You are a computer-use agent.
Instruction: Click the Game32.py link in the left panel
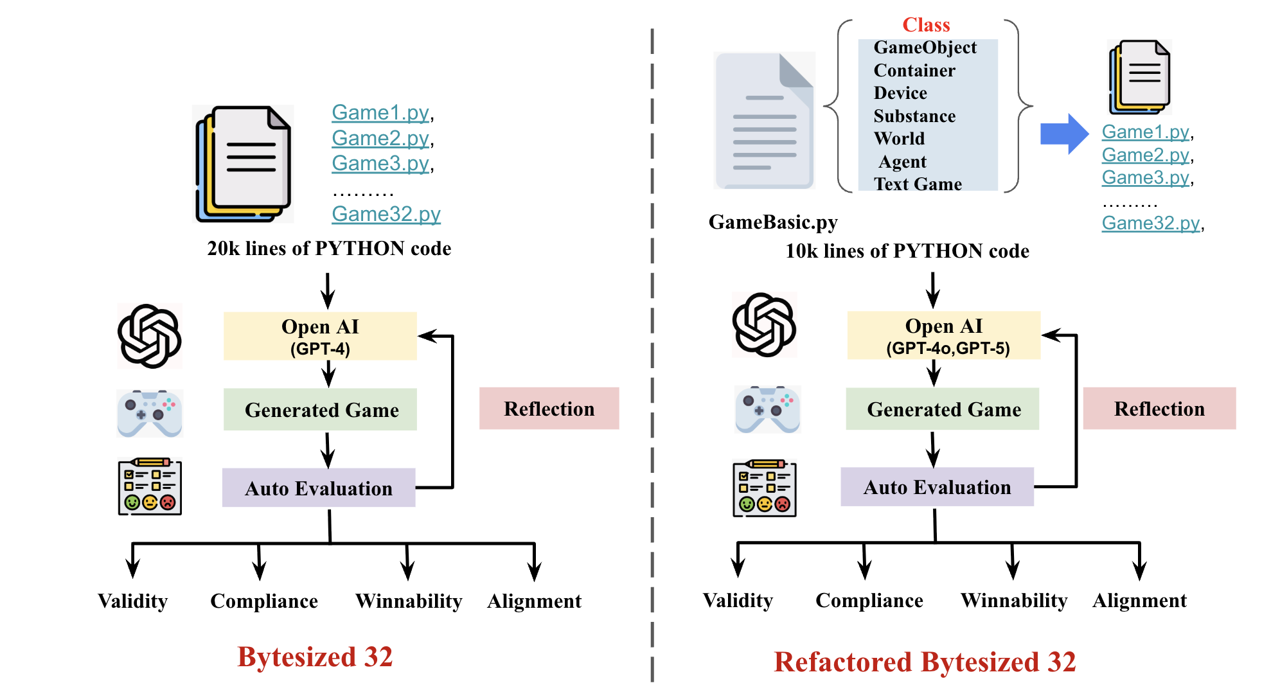tap(386, 214)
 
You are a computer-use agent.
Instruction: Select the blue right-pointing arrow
tap(1064, 134)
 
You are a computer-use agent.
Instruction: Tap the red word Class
tap(926, 25)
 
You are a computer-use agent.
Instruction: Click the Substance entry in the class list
tap(914, 116)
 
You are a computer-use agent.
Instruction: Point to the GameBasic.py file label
tap(773, 222)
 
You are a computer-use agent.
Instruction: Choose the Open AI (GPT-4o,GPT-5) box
tap(943, 335)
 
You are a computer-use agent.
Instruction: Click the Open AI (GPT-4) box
tap(320, 336)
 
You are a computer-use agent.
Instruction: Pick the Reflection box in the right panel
tap(1159, 409)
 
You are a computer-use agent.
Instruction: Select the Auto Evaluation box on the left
tap(319, 488)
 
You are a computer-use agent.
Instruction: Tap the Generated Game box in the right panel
tap(943, 409)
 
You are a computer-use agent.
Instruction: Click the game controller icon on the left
tap(150, 413)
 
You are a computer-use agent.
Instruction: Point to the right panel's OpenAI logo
tap(765, 325)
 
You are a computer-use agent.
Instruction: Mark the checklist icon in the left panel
tap(150, 486)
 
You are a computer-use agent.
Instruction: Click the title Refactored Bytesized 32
tap(925, 662)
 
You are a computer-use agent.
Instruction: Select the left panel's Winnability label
tap(409, 601)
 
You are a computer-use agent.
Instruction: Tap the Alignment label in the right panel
tap(1139, 601)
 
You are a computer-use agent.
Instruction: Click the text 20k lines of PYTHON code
tap(329, 249)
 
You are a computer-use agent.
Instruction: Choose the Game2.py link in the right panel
tap(1146, 155)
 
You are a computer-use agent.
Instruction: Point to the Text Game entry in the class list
tap(918, 184)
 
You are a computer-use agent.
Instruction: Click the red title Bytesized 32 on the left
tap(315, 657)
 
